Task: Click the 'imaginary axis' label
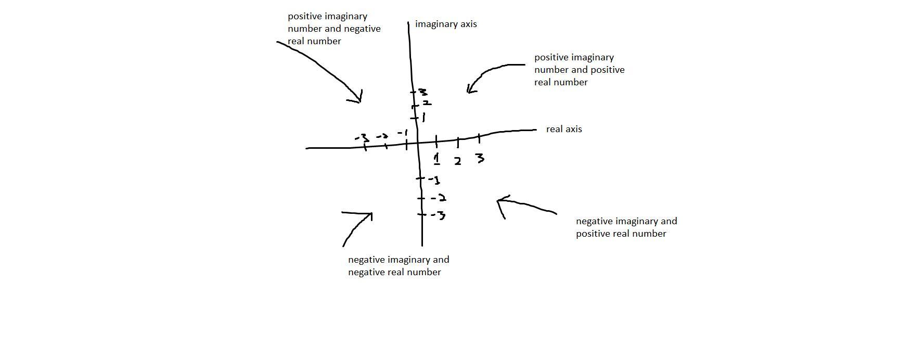click(446, 24)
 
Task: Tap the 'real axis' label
click(564, 129)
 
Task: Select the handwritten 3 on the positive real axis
click(480, 158)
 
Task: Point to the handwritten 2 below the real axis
click(457, 161)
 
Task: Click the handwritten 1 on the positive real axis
click(437, 158)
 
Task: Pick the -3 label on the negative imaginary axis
click(439, 215)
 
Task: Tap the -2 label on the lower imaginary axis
click(439, 198)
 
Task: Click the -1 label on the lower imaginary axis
click(435, 181)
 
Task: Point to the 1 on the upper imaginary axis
click(423, 118)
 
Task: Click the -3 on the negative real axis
click(362, 138)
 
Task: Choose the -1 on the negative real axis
click(402, 133)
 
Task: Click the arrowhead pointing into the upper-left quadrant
click(359, 98)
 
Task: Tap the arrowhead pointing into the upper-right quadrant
click(470, 89)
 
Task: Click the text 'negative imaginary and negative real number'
click(399, 266)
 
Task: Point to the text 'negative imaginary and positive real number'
click(626, 227)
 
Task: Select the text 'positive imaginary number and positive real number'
click(579, 70)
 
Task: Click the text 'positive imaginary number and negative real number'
click(334, 29)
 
